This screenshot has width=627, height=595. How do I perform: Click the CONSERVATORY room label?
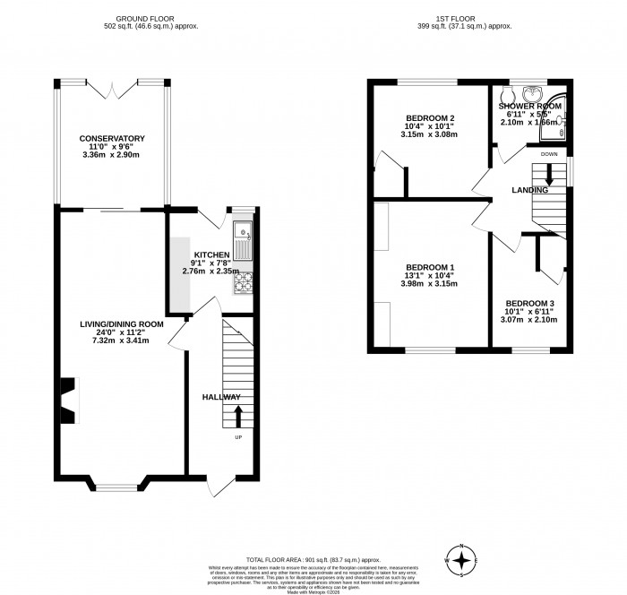[x=112, y=138]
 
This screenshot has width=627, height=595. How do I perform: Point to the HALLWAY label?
[x=220, y=397]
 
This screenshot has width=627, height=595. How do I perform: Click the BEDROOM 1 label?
[x=430, y=268]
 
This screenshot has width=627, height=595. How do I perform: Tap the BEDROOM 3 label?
[x=528, y=304]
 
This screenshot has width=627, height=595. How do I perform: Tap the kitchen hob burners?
[x=244, y=283]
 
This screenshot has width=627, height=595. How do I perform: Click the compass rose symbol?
[x=462, y=560]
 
